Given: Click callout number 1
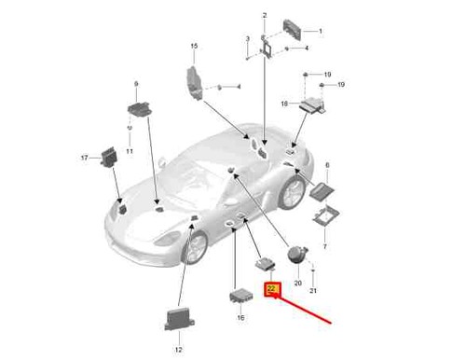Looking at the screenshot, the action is tap(321, 31).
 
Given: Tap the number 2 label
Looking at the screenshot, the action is tap(265, 15).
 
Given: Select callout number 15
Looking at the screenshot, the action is tap(194, 46).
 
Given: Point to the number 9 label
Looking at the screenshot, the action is tap(136, 84).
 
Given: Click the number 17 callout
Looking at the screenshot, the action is tap(84, 158).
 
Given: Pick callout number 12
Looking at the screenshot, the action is tap(178, 350).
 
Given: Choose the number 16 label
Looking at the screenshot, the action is tap(240, 317).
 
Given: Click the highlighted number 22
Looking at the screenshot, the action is tap(272, 289).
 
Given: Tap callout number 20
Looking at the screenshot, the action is tap(297, 284).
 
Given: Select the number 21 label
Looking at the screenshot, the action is tap(313, 290).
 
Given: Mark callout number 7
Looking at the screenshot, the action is tap(325, 246).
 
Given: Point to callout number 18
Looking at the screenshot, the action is tap(284, 104).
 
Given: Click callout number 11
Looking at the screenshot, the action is tap(130, 151).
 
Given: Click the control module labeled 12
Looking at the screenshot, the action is tap(179, 319).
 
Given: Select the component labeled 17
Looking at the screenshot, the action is tap(109, 157).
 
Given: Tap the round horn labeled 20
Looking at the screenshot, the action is tap(297, 254).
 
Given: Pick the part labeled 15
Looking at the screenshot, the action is tap(195, 83).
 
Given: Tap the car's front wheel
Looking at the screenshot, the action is tap(195, 248).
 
